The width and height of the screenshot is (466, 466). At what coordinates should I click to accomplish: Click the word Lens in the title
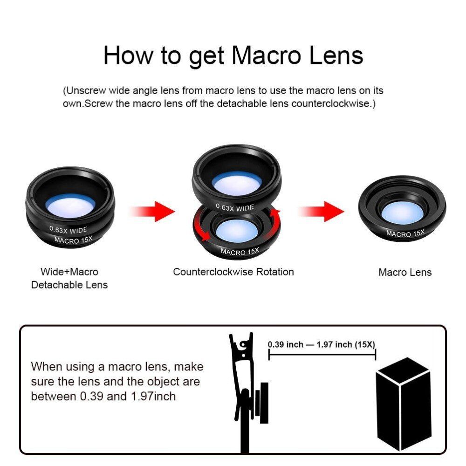[336, 55]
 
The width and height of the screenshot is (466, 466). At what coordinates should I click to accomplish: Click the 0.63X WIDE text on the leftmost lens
[69, 229]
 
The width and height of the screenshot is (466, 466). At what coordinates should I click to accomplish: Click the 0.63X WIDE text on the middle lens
[234, 207]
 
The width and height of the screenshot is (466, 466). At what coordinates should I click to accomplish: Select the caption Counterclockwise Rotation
[233, 272]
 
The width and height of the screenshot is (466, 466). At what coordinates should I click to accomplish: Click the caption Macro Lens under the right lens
[404, 273]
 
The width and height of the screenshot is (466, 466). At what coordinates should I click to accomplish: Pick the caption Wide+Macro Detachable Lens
[69, 278]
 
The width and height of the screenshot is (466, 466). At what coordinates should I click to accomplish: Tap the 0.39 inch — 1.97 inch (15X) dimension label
[322, 345]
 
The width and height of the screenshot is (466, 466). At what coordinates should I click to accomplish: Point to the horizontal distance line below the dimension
[322, 355]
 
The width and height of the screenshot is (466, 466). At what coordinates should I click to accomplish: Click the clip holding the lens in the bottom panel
[243, 382]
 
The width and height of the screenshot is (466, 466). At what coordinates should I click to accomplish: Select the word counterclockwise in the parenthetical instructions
[329, 103]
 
